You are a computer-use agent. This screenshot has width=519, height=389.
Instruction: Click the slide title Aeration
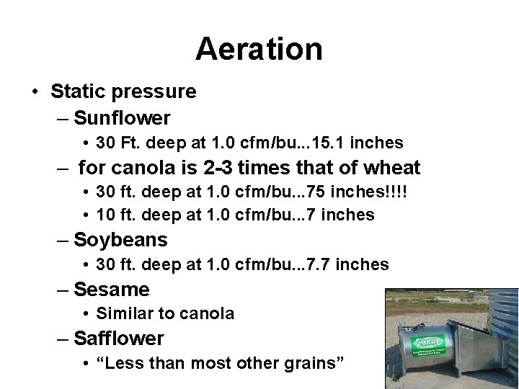[259, 50]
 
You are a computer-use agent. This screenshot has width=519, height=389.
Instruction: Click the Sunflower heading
[122, 117]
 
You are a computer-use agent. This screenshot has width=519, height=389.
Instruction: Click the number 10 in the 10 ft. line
[105, 215]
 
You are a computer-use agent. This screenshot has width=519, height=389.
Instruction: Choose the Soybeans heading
[120, 240]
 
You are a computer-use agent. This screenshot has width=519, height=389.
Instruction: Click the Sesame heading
[112, 290]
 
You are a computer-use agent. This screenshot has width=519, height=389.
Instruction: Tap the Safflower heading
[119, 338]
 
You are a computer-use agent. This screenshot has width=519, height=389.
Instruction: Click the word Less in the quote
[121, 363]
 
